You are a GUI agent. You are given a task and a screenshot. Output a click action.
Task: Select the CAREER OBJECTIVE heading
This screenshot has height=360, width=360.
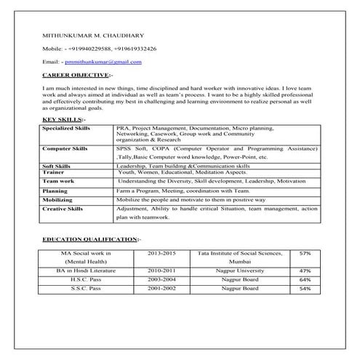pyautogui.click(x=76, y=75)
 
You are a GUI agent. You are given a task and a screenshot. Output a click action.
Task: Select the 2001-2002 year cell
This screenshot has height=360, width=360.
pyautogui.click(x=161, y=289)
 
